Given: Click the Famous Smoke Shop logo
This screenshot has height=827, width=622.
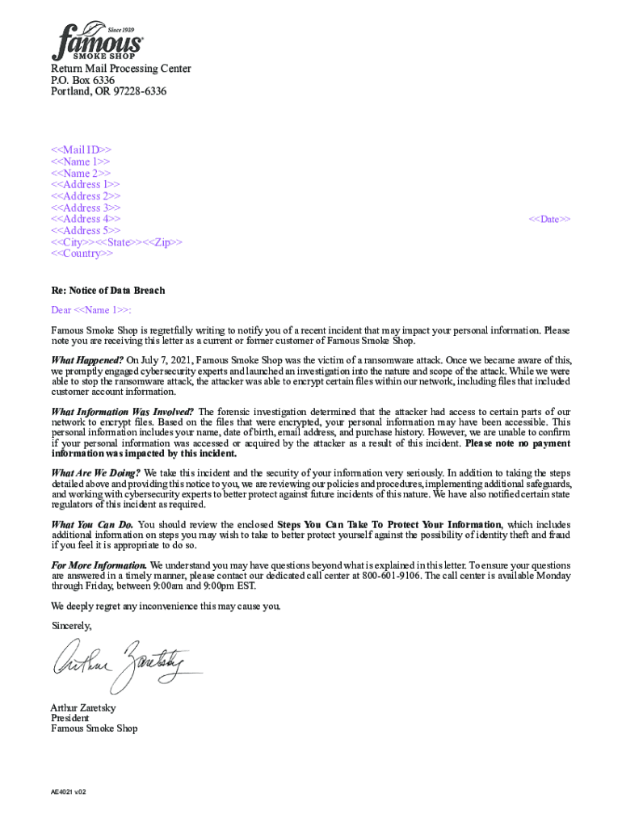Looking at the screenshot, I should pyautogui.click(x=97, y=41).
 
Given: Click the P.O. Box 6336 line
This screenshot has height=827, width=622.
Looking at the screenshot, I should pyautogui.click(x=83, y=81).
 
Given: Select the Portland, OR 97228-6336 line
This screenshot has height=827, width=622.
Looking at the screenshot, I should pyautogui.click(x=109, y=92).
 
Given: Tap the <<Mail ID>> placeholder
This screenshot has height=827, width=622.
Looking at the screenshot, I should pyautogui.click(x=82, y=150).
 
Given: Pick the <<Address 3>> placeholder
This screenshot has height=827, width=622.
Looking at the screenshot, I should pyautogui.click(x=86, y=208).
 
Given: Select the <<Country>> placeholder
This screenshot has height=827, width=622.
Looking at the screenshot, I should pyautogui.click(x=82, y=254).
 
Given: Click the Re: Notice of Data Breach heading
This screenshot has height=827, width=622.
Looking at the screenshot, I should pyautogui.click(x=108, y=291).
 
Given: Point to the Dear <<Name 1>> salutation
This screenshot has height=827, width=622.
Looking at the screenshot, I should pyautogui.click(x=91, y=310).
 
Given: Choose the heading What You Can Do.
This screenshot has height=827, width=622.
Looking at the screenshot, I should pyautogui.click(x=92, y=525).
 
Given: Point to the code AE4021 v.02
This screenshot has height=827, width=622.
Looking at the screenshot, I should pyautogui.click(x=69, y=792).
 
